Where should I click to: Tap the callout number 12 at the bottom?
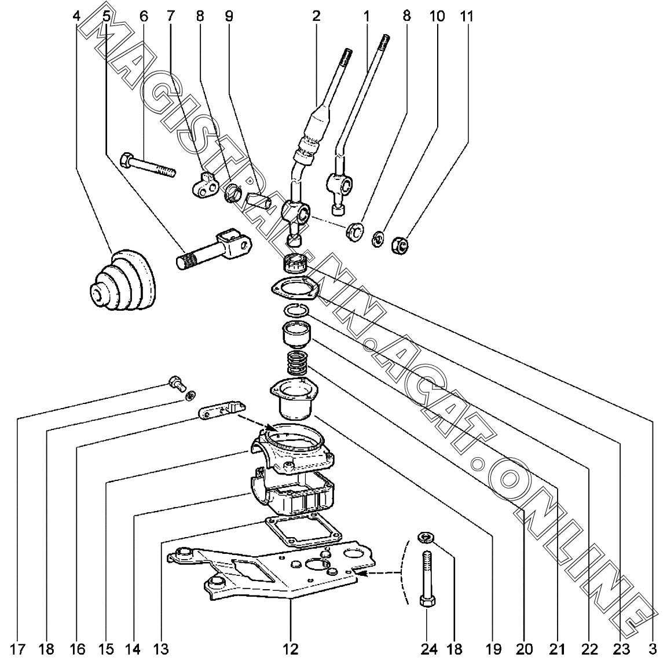pos(291,649)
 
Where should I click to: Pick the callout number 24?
pos(428,649)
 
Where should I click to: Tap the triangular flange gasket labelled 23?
pos(295,288)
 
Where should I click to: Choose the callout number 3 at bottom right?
pos(653,649)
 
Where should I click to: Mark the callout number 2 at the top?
pos(316,16)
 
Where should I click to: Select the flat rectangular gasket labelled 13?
pos(295,531)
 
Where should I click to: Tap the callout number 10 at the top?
pos(437,16)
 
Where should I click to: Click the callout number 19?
pos(493,649)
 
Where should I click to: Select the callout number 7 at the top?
pos(170,16)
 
